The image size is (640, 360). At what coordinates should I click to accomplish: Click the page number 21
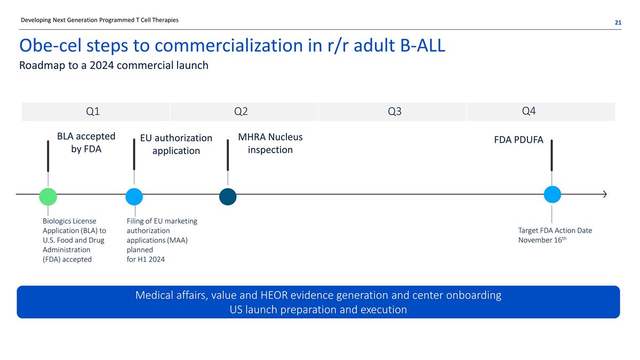pos(618,22)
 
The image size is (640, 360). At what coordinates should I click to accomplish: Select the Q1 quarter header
pos(93,111)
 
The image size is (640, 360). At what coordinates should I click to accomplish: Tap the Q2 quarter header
pos(241,111)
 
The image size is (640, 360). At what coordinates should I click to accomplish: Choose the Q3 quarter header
pos(395,111)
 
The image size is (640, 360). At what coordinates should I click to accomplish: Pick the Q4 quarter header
pos(529,111)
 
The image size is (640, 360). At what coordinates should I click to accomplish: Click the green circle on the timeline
pos(48,197)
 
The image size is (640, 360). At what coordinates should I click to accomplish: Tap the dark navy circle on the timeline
pos(228,197)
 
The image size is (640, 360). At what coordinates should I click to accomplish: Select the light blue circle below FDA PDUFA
pos(552,194)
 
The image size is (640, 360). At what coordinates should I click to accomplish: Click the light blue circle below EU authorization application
pos(134,197)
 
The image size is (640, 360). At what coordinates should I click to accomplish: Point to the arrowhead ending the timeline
pos(604,194)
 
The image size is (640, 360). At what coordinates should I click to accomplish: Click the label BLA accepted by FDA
pos(86,142)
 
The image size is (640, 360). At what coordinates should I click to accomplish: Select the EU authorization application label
pos(176,144)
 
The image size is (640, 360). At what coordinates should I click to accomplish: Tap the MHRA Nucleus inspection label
pos(270,143)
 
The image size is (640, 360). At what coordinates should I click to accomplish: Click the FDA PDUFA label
pos(518,140)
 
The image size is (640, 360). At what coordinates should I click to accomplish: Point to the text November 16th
pos(541,241)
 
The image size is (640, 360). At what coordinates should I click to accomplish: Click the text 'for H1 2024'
pos(146,259)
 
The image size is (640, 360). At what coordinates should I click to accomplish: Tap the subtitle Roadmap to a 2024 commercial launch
pos(114,66)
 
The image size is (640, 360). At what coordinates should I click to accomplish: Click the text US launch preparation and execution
pos(318,309)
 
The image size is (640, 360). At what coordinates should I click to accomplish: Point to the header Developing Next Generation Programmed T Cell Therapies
pos(100,20)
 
